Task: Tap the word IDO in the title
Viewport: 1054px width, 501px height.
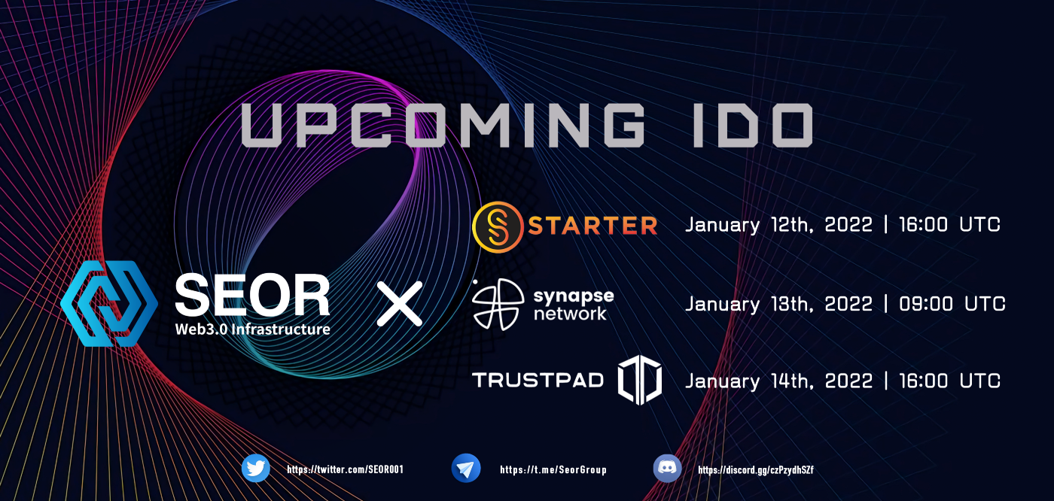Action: pos(753,125)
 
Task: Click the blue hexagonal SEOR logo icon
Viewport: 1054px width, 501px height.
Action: pos(109,304)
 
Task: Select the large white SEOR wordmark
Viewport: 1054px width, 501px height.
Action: pos(252,295)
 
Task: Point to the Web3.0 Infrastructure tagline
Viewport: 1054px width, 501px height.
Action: pos(253,329)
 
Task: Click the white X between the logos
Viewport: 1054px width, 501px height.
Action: pos(400,304)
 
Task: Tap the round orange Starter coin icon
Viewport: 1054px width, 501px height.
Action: pos(498,227)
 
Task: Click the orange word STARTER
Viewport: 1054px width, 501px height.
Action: pos(593,226)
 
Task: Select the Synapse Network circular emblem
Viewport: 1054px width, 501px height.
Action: pos(498,304)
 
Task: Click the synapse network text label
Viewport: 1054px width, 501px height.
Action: pos(574,305)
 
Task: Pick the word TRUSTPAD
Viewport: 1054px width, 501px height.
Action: pos(538,380)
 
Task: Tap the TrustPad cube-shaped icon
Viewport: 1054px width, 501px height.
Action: pos(640,380)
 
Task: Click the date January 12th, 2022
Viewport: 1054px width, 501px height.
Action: pos(778,225)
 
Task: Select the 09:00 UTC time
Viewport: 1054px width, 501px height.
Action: pos(952,304)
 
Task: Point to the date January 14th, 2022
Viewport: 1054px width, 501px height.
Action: pos(778,381)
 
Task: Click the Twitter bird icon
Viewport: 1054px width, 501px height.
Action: pos(255,469)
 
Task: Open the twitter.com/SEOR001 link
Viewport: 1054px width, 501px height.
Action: pos(346,469)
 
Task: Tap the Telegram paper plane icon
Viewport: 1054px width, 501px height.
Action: pos(466,469)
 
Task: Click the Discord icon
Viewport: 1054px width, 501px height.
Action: pos(667,469)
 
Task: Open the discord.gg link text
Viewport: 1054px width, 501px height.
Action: pos(756,470)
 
